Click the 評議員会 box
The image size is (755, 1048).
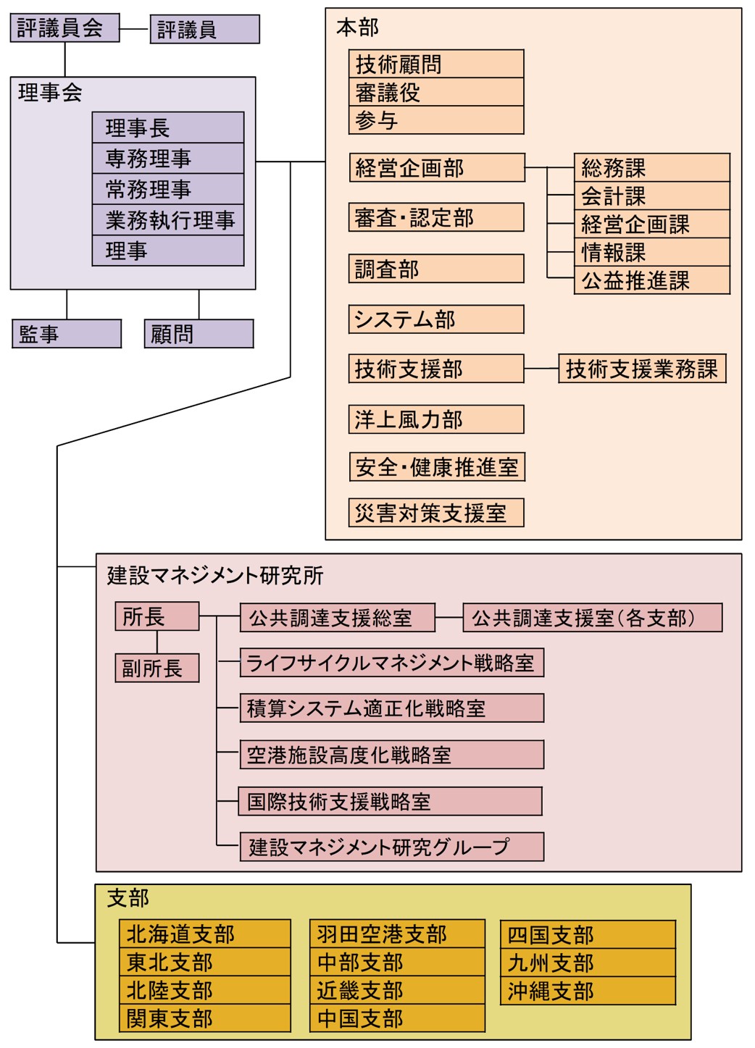point(64,28)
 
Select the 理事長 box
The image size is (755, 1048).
point(168,127)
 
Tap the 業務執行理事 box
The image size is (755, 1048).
point(168,220)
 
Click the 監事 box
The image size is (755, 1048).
point(67,334)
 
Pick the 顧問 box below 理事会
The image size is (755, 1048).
point(199,334)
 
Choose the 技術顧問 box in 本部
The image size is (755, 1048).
point(435,64)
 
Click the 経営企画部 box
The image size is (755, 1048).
point(435,167)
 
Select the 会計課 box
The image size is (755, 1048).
point(651,196)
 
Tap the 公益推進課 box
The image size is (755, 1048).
point(651,280)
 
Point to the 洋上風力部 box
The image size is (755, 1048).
point(435,419)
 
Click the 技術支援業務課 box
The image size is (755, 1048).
point(641,369)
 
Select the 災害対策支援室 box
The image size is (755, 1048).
point(435,513)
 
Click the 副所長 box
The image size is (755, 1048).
point(157,668)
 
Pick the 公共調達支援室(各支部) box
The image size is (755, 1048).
point(592,618)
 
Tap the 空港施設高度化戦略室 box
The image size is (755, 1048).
point(391,755)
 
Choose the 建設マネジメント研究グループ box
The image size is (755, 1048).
point(391,847)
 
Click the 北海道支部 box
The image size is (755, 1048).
point(204,934)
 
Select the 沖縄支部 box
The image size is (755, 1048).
point(587,991)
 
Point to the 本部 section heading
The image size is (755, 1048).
point(357,28)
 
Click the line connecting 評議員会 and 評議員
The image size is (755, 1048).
point(135,29)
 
